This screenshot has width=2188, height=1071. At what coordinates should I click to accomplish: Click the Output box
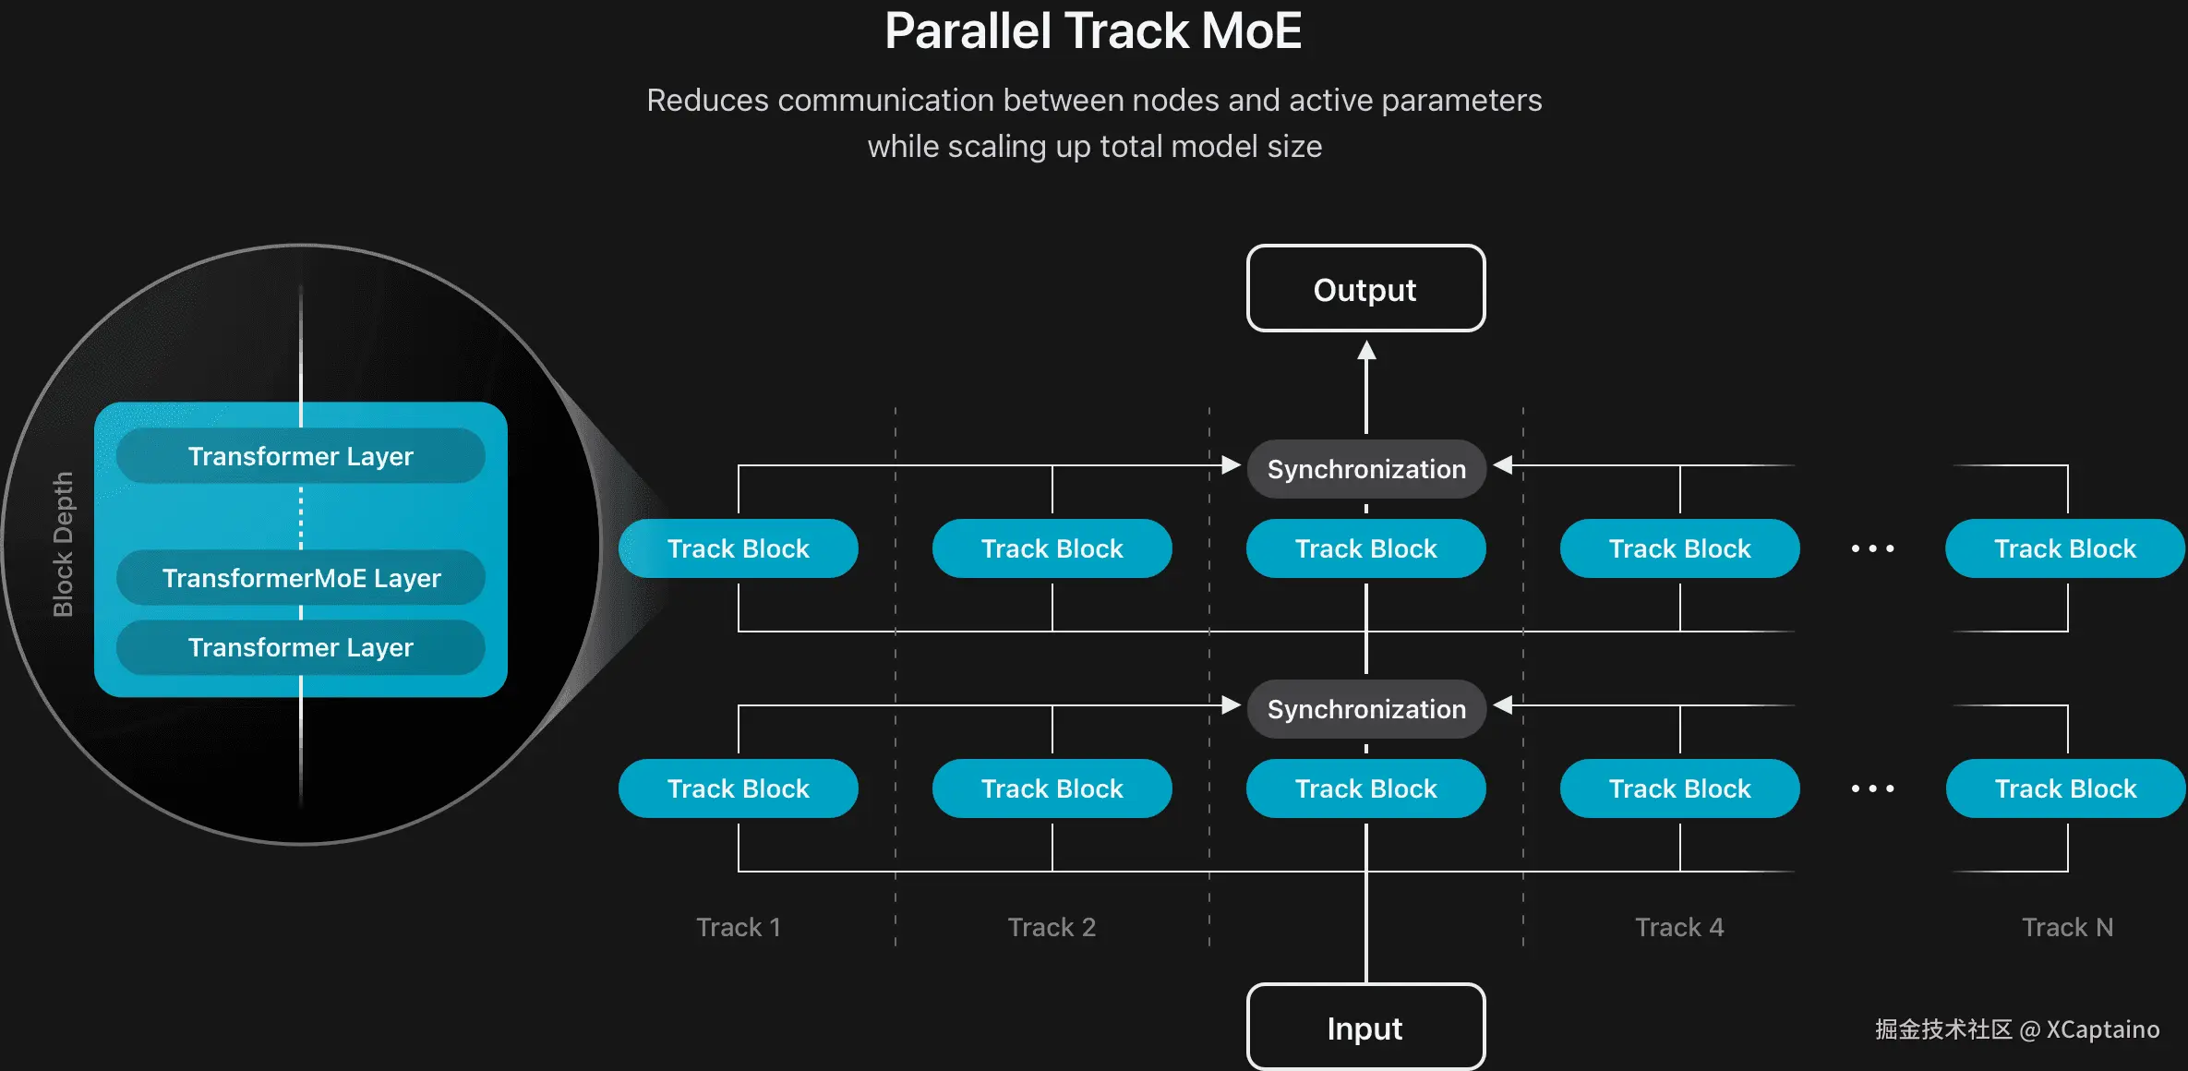tap(1365, 289)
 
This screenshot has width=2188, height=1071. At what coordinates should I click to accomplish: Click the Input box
tap(1365, 1028)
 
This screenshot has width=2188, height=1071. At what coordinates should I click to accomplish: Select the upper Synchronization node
tap(1366, 469)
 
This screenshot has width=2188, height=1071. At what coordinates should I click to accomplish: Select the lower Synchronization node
tap(1366, 709)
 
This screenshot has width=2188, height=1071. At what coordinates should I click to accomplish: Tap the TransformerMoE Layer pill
tap(301, 578)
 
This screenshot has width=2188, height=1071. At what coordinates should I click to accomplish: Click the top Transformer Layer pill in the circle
tap(301, 456)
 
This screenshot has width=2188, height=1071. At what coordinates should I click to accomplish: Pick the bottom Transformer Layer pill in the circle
tap(301, 647)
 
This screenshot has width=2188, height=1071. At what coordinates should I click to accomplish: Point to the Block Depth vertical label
tap(63, 544)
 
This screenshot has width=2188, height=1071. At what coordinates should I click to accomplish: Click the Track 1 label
tap(739, 927)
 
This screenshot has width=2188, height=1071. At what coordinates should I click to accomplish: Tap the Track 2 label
tap(1052, 927)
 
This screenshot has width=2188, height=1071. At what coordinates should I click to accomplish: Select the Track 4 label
tap(1679, 927)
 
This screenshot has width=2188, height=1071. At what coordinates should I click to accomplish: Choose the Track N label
tap(2067, 927)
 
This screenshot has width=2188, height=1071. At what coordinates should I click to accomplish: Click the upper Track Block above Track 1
tap(739, 548)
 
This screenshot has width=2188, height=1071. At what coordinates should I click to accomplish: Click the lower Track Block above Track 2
tap(1052, 788)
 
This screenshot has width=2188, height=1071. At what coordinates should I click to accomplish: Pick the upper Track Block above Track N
tap(2065, 548)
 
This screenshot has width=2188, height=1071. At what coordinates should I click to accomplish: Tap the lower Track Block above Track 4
tap(1679, 788)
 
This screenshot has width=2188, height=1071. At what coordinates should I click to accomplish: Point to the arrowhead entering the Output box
tap(1366, 351)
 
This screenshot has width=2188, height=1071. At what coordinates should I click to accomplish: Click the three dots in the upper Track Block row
tap(1872, 548)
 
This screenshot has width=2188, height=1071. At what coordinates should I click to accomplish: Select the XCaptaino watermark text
tap(2102, 1029)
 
